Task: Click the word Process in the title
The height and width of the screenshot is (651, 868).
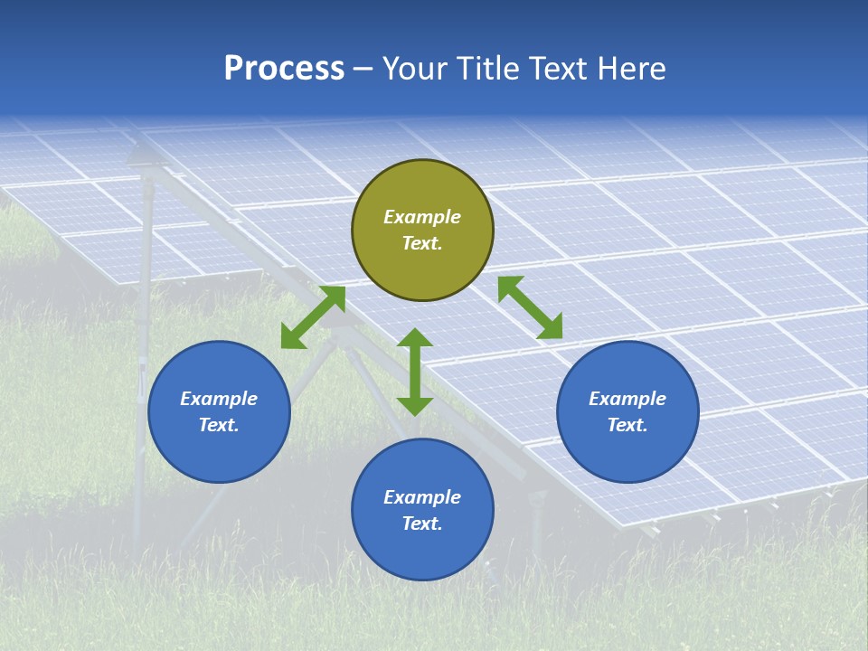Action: tap(284, 69)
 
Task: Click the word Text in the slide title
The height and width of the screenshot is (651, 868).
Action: tap(560, 69)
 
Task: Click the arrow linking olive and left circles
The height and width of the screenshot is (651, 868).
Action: tap(313, 317)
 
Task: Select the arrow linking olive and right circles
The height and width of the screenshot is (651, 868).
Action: tap(531, 307)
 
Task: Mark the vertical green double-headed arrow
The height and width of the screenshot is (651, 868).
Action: tap(415, 372)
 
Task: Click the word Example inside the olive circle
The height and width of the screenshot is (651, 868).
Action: tap(422, 217)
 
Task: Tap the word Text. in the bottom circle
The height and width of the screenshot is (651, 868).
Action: tap(422, 524)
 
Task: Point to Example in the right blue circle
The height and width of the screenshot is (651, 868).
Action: tap(627, 399)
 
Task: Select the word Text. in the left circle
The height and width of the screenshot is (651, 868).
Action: tap(219, 425)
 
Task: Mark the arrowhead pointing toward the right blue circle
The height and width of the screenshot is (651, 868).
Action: tap(550, 326)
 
